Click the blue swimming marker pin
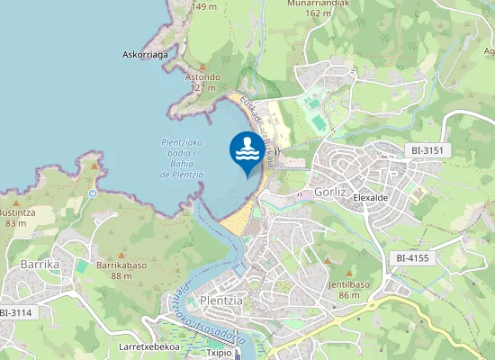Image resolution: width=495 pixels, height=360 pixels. click(x=247, y=151)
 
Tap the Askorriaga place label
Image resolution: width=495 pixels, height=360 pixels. click(x=145, y=55)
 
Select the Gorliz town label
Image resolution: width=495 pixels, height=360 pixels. click(x=330, y=192)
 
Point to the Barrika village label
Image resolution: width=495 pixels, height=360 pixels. click(x=39, y=265)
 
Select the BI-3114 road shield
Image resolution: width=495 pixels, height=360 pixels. click(x=15, y=312)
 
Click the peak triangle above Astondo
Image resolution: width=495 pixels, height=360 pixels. click(x=202, y=67)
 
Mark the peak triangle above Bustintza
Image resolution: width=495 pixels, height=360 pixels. click(x=94, y=165)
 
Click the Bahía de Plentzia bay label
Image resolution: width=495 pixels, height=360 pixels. click(x=182, y=158)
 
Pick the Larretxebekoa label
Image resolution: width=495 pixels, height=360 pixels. click(x=149, y=346)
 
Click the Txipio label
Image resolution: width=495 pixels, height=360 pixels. click(x=220, y=354)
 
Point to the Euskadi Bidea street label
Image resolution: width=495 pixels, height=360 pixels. click(x=253, y=121)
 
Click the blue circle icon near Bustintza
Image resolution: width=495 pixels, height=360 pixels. click(x=93, y=193)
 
